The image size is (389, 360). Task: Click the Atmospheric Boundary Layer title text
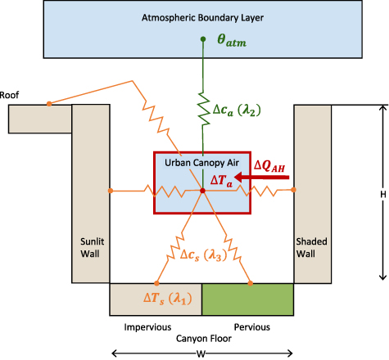195,16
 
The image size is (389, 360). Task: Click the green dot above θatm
202,39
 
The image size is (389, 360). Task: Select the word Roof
10,94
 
